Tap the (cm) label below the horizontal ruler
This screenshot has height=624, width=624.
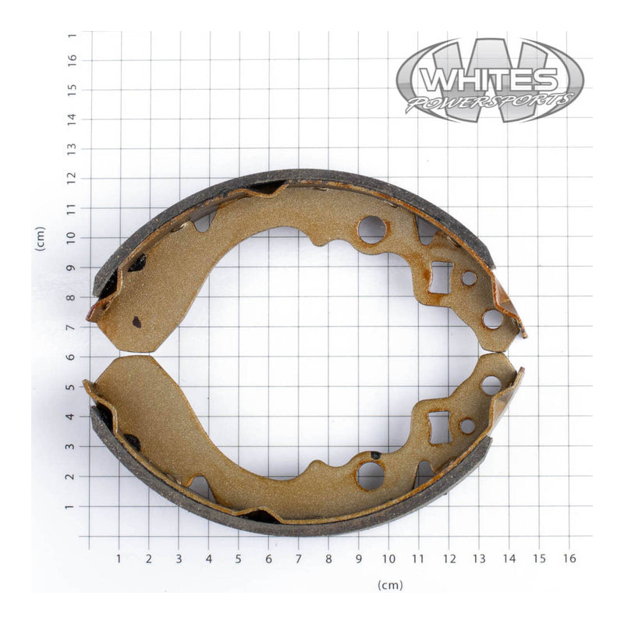click(390, 585)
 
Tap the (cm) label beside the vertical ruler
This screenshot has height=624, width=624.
click(40, 238)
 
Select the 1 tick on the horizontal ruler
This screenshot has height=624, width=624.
click(119, 558)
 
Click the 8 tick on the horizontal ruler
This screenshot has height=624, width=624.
click(328, 558)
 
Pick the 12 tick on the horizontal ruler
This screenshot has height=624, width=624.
click(448, 558)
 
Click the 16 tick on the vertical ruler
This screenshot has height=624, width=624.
click(71, 60)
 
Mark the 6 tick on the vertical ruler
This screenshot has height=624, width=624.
click(71, 356)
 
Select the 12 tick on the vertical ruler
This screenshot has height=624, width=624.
click(71, 179)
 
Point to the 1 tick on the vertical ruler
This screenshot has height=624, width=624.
click(71, 505)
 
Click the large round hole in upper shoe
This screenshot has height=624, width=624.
click(371, 229)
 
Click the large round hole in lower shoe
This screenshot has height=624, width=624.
click(370, 475)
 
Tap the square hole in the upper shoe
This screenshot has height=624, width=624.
click(440, 278)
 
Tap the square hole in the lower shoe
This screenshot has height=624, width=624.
click(439, 427)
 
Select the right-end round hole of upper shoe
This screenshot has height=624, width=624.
click(492, 318)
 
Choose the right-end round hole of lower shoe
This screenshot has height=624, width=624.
click(491, 385)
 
